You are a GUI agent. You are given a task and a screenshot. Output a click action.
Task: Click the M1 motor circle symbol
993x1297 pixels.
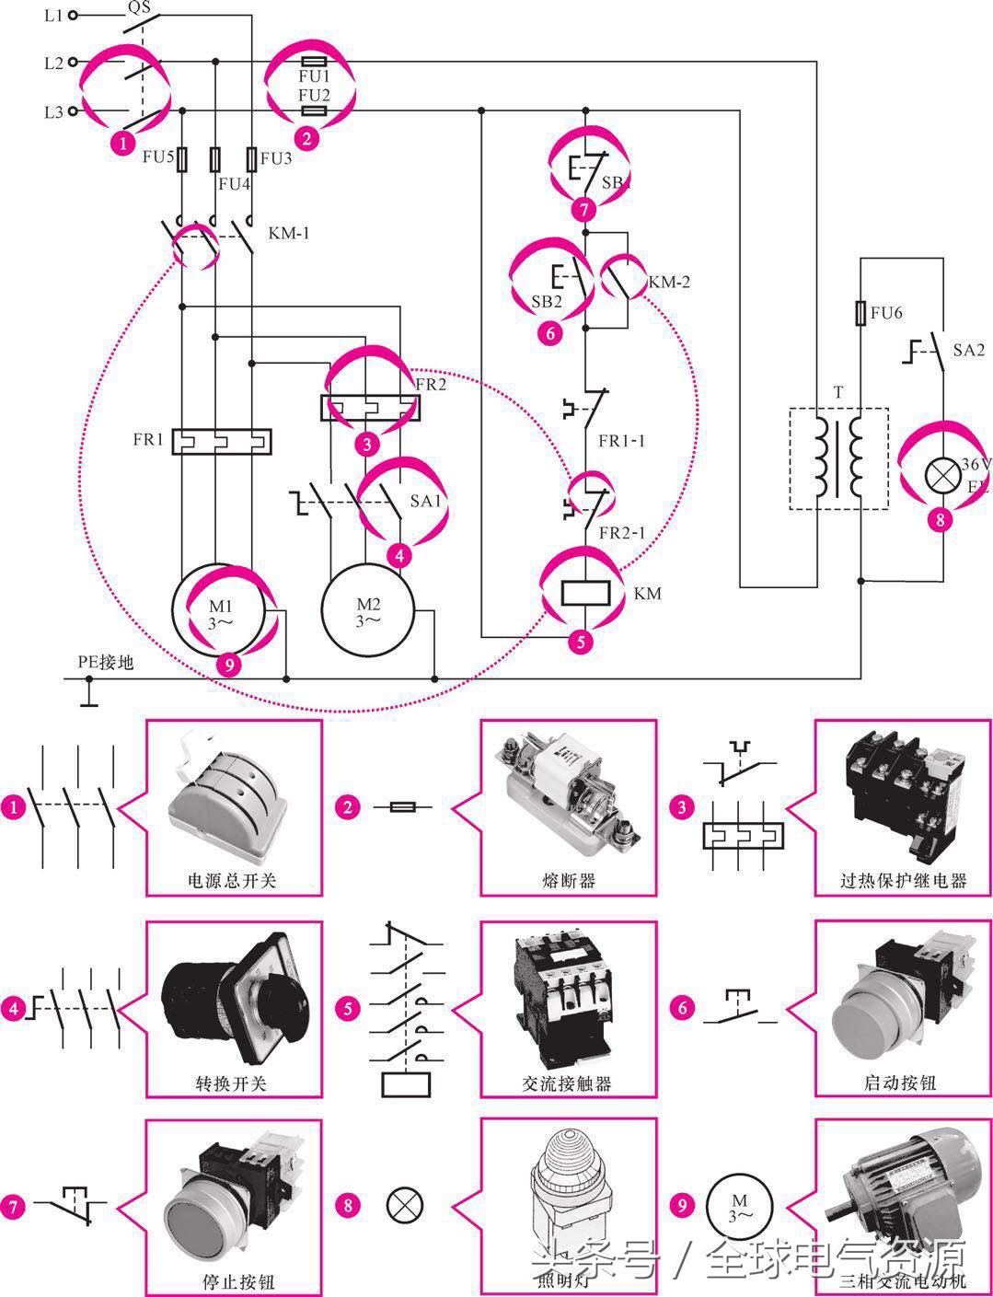pos(218,608)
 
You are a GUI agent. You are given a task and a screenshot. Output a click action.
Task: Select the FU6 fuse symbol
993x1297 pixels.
pos(860,313)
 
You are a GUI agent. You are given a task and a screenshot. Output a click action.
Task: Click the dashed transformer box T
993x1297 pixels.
pos(838,458)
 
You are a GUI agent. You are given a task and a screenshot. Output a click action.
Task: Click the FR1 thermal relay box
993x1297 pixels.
pos(222,441)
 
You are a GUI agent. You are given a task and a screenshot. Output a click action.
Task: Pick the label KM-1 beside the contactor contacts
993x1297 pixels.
pos(289,233)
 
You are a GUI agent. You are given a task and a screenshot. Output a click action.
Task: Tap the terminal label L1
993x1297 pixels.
pos(53,16)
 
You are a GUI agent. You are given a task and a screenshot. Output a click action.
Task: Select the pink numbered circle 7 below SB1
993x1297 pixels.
pos(583,210)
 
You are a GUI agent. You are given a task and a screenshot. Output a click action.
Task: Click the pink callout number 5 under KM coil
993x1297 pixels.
pos(580,642)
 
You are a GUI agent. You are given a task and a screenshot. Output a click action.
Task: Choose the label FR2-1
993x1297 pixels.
pos(622,533)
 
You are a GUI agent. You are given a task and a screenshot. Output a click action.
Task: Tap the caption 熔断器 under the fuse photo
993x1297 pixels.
pos(569,881)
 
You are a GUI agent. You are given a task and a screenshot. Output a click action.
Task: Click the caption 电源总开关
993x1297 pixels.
pos(232,881)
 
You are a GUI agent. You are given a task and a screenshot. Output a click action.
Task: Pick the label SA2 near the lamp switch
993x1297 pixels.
pos(968,351)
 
